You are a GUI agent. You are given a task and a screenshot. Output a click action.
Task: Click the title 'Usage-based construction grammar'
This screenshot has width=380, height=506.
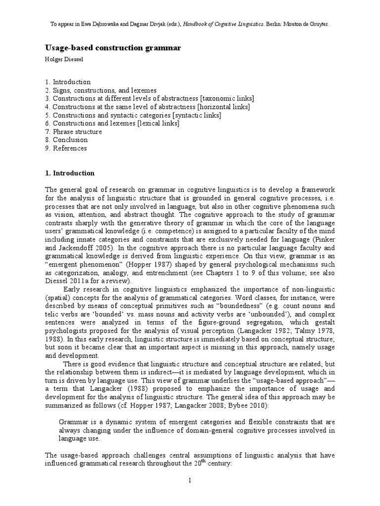(113, 48)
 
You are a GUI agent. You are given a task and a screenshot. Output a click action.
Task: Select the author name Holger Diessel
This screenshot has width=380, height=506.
(65, 59)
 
